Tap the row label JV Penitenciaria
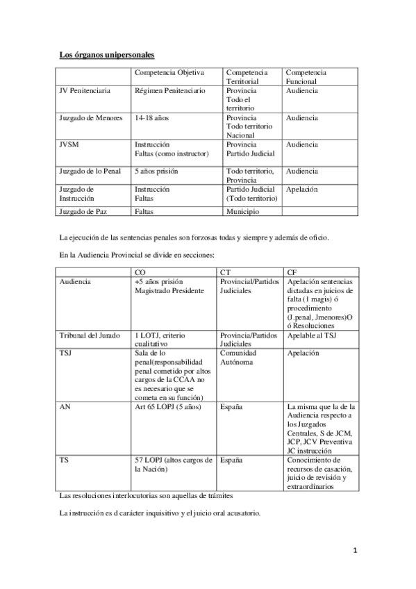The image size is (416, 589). click(x=85, y=91)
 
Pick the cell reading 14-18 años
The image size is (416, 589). click(x=151, y=118)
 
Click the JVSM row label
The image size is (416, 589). click(x=71, y=144)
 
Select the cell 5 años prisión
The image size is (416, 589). click(x=157, y=171)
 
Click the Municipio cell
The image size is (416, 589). click(x=242, y=209)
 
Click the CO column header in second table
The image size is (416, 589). click(x=140, y=271)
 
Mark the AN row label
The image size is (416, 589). click(x=65, y=406)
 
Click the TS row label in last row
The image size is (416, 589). click(x=64, y=460)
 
